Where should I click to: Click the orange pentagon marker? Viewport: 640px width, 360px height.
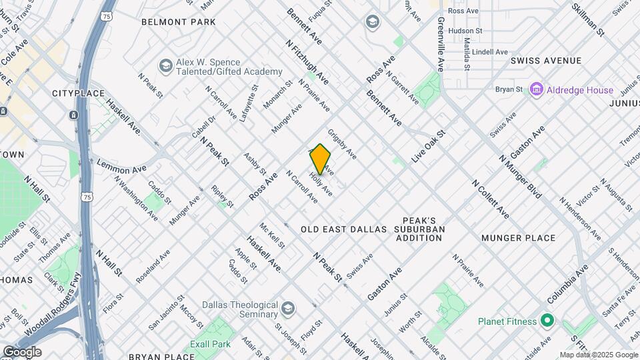[321, 159]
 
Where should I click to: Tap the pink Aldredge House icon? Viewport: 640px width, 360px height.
[536, 89]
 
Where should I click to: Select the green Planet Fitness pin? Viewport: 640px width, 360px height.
[547, 321]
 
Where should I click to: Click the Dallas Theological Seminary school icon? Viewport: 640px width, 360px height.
[287, 309]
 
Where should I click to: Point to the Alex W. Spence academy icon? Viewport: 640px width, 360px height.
[165, 66]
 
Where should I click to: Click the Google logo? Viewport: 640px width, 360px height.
[22, 352]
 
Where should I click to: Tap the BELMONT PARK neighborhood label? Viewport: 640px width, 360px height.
[179, 22]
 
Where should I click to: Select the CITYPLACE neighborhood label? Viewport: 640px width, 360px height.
[79, 93]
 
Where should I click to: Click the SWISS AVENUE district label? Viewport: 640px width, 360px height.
[546, 61]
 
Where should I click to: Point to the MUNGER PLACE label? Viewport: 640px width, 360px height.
[518, 238]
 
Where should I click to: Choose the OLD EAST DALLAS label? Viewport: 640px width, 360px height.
[343, 229]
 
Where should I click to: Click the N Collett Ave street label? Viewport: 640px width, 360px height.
[491, 198]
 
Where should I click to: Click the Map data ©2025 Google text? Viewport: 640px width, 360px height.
[599, 355]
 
